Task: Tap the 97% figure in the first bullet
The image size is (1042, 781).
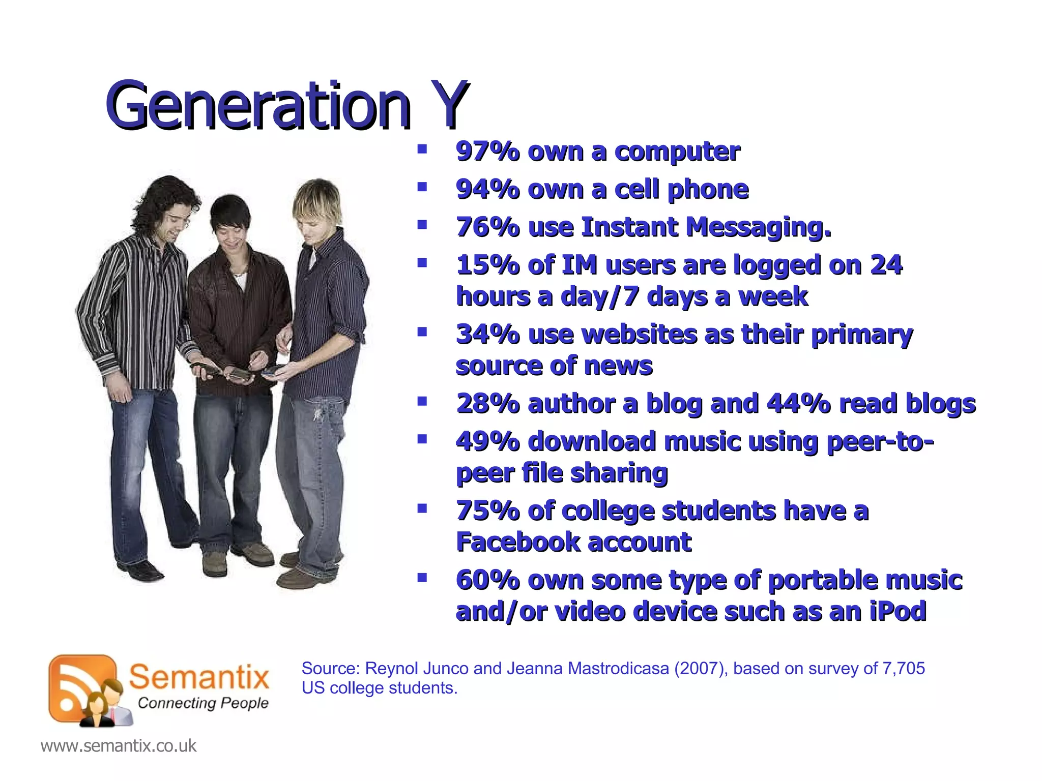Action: [x=487, y=152]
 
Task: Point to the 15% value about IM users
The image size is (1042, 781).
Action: [x=487, y=265]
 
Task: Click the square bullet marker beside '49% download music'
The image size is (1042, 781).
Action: [x=422, y=439]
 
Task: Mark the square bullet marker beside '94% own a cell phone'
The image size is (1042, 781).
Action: [x=422, y=187]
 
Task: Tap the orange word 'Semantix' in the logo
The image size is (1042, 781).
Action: [x=199, y=677]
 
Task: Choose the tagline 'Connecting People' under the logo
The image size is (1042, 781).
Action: [x=203, y=703]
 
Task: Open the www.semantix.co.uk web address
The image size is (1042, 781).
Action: [x=118, y=746]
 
